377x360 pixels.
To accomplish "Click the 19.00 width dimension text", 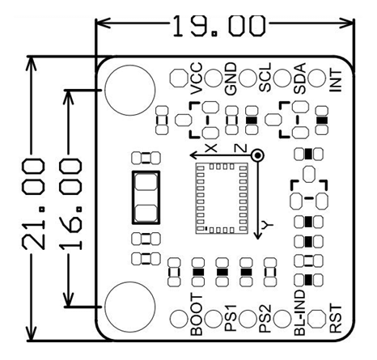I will click(218, 25).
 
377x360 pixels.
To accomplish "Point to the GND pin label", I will click(231, 83).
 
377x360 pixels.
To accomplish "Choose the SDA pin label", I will click(299, 83).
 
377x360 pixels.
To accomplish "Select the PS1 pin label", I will click(231, 321).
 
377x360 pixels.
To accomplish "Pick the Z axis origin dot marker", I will click(256, 154).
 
